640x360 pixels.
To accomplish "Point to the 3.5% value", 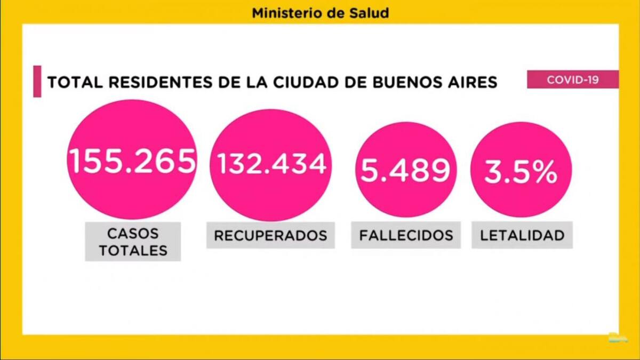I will (521, 172).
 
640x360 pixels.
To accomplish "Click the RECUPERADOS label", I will (270, 235).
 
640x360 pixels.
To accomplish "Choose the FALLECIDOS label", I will (406, 235).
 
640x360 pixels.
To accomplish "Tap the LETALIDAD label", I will (522, 235).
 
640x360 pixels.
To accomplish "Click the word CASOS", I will (133, 234).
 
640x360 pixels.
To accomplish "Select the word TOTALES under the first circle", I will (133, 250).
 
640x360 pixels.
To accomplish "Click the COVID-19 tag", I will (573, 79).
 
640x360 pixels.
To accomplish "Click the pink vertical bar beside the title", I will (37, 81).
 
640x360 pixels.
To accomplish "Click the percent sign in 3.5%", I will (545, 172).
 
